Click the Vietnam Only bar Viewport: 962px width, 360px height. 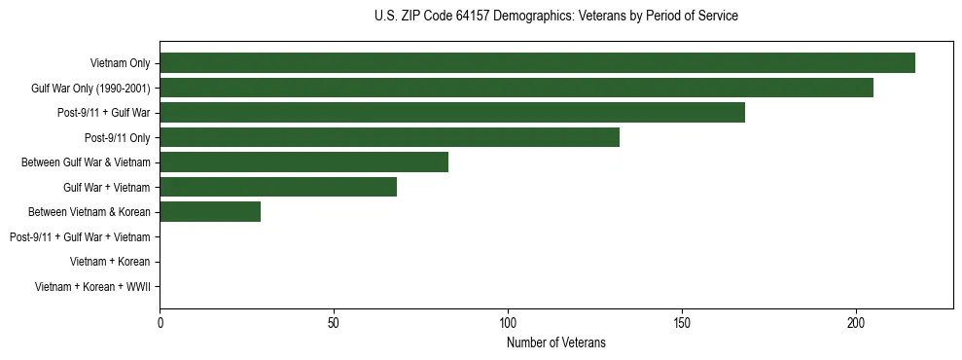tap(537, 63)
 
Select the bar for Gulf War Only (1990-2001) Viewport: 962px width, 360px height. tap(517, 88)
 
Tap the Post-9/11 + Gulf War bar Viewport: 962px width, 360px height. tap(452, 113)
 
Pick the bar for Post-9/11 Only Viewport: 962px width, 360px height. tap(389, 137)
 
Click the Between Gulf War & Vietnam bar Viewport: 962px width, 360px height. tap(303, 162)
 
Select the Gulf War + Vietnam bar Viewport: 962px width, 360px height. tap(278, 187)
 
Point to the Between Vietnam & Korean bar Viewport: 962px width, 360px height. tap(210, 212)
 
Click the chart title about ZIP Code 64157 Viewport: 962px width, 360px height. tap(556, 17)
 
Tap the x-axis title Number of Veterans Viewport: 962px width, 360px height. tap(556, 342)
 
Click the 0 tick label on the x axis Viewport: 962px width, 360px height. tap(160, 322)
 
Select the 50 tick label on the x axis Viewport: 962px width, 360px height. tap(334, 322)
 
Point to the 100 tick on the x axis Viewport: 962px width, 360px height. tap(508, 322)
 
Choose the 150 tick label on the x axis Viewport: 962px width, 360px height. tap(682, 322)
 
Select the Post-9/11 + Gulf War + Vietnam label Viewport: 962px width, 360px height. tap(80, 237)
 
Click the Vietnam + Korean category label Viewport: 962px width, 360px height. tap(110, 262)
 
